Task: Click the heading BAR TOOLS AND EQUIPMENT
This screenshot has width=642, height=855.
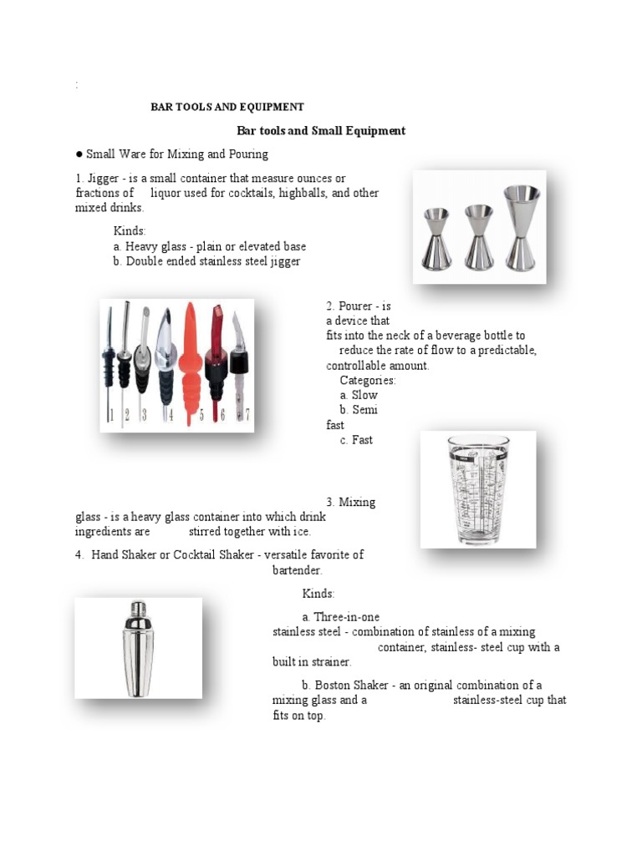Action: pos(227,107)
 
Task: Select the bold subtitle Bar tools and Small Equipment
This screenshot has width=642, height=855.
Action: pos(321,130)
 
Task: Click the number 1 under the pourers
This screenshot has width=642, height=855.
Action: pos(110,414)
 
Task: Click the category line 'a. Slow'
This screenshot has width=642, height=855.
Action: pos(359,395)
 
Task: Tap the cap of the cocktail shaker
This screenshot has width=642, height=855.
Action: pos(137,608)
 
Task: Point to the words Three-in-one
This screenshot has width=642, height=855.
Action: pos(346,617)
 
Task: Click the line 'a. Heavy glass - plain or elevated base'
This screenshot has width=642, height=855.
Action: pos(210,246)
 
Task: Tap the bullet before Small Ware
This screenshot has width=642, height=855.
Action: pos(79,154)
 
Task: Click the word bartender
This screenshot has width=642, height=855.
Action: pos(298,569)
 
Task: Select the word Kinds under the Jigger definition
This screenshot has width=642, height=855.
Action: pos(130,231)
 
